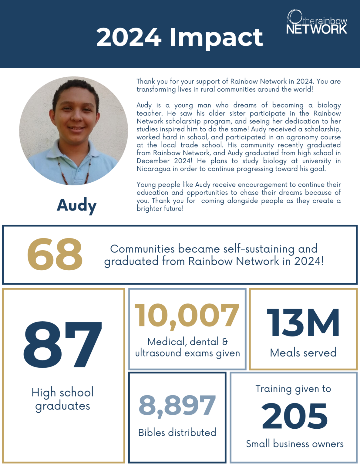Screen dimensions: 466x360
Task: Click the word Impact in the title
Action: point(216,38)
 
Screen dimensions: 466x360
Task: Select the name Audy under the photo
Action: point(77,205)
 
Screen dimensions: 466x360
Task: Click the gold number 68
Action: point(55,254)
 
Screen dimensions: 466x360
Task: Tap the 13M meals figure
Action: point(303,323)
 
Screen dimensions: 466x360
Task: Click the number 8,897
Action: point(177,405)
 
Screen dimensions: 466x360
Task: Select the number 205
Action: point(294,416)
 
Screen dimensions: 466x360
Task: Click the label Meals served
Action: point(303,353)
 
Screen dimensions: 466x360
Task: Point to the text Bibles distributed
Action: point(177,432)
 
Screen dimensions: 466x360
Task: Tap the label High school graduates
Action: point(62,399)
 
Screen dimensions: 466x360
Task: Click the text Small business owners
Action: point(294,444)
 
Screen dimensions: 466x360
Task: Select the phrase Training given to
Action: point(293,389)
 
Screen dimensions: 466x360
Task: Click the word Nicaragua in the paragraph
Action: point(153,169)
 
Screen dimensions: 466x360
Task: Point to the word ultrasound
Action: point(159,353)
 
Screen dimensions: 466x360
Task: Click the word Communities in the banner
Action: point(142,249)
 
